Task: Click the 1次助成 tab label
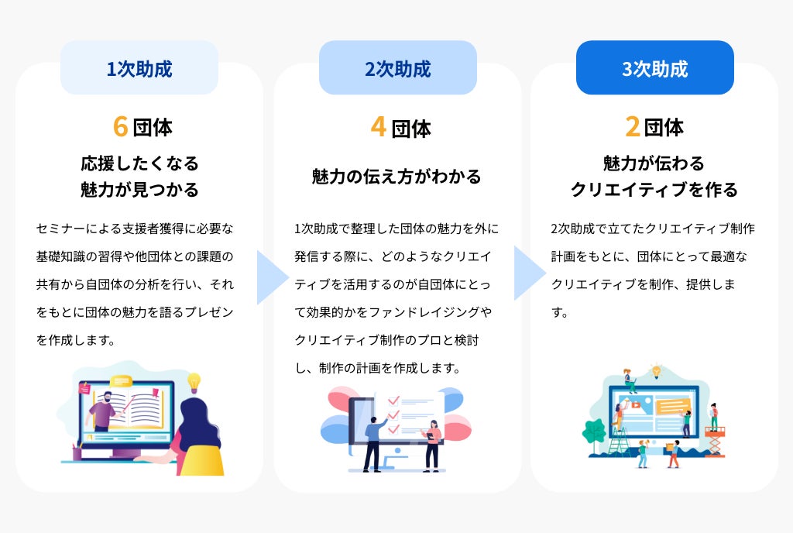coord(139,68)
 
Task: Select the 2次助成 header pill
coord(397,68)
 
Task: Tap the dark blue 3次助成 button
coord(654,68)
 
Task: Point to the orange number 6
coord(120,126)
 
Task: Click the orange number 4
coord(378,126)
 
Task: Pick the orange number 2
coord(633,126)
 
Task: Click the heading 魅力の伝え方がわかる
coord(396,177)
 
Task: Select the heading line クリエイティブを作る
coord(654,190)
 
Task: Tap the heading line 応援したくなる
coord(139,163)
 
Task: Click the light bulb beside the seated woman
coord(194,381)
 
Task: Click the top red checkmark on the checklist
coord(393,401)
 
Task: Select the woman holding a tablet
coord(432,443)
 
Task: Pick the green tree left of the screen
coord(594,434)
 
